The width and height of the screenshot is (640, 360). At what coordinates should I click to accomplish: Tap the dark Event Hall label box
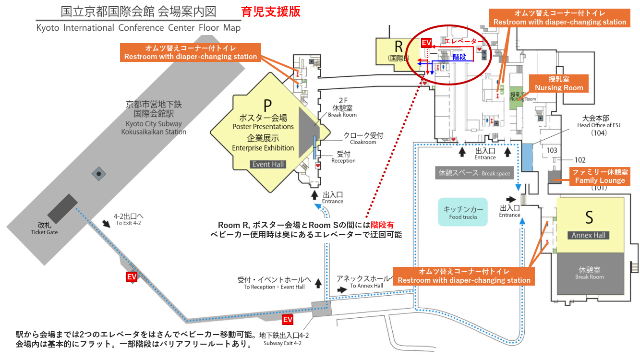268,164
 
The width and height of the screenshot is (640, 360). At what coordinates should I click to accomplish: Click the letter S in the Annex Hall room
589,217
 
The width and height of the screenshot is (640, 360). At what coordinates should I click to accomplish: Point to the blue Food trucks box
462,213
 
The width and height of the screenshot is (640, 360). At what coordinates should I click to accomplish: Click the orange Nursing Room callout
559,84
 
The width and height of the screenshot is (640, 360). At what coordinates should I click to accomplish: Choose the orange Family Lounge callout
600,176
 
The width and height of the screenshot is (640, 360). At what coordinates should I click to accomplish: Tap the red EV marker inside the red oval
426,43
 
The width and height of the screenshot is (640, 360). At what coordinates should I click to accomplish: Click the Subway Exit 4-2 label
284,339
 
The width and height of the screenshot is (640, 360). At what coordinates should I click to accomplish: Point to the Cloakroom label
363,139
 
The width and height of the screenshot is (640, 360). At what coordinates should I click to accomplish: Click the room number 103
552,150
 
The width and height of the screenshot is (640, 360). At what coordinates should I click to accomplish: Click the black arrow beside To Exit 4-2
106,224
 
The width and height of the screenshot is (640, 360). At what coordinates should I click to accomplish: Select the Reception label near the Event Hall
343,157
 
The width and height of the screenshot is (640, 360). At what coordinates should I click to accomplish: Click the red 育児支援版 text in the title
271,12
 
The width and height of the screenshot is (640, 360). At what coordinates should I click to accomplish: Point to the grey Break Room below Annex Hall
590,273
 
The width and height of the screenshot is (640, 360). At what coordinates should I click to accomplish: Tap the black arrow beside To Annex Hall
341,290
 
